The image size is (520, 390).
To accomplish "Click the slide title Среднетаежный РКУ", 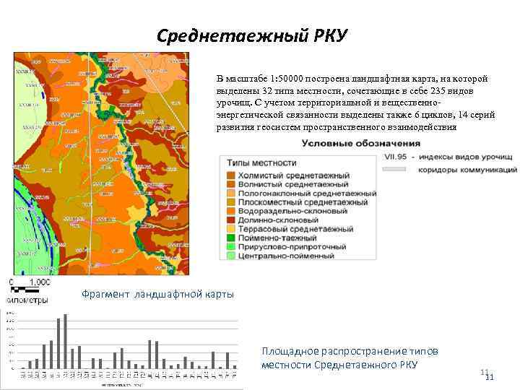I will point(252,35).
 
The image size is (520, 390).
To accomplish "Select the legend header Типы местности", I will point(261,162).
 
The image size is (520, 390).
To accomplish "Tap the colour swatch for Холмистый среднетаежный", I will point(230,175).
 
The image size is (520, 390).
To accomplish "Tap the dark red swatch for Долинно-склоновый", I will point(230,220).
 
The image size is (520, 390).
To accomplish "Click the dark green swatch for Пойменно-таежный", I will point(230,238).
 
